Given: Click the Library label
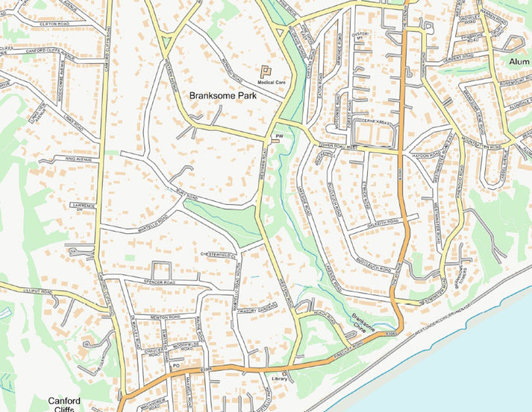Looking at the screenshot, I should [x=280, y=379].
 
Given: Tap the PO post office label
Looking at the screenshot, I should [x=176, y=365].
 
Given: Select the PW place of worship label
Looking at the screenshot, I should [x=280, y=136].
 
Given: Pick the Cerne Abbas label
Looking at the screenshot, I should [x=375, y=121].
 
